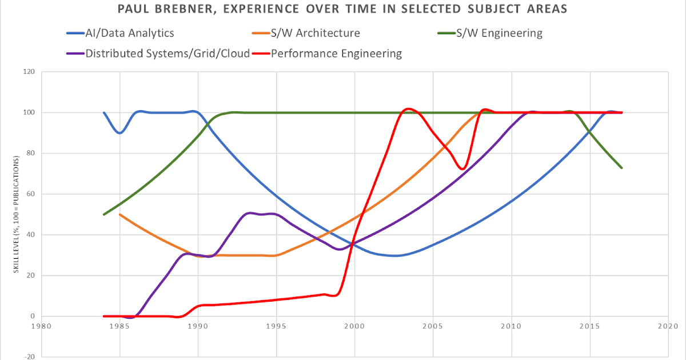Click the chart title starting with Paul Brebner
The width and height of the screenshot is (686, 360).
click(343, 10)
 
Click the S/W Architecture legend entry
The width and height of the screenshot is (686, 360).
click(316, 33)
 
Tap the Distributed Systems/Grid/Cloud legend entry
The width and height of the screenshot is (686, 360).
click(167, 54)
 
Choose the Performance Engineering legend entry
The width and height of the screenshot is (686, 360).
click(336, 54)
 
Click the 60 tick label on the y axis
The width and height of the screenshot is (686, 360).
click(29, 194)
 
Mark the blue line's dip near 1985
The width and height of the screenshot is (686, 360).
click(119, 133)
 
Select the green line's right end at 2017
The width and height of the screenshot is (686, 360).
click(621, 167)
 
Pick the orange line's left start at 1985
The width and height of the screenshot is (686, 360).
click(119, 214)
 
